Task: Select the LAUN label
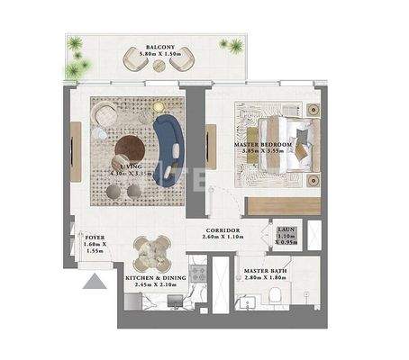pos(287,229)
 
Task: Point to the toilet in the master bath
pos(280,299)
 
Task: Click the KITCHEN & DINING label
pos(155,279)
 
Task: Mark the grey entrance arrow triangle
pos(95,283)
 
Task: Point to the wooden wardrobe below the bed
pos(284,205)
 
